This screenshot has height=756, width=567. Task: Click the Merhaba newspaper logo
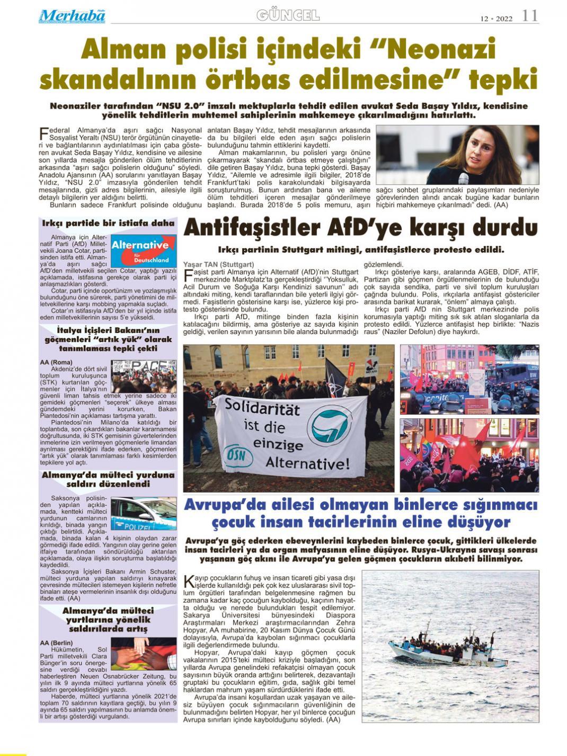[x=72, y=16]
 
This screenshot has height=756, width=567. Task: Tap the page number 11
[x=529, y=16]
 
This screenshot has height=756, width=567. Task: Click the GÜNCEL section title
[x=288, y=15]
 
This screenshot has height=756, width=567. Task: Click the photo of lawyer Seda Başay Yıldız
[x=457, y=155]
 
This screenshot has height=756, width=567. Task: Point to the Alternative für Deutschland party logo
[x=143, y=250]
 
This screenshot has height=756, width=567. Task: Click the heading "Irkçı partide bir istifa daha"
[x=109, y=223]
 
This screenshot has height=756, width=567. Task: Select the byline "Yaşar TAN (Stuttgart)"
[x=218, y=264]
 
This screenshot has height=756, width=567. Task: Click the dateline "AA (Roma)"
[x=56, y=362]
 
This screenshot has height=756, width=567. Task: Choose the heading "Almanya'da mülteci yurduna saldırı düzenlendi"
[x=108, y=479]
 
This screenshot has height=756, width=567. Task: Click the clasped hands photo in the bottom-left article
[x=143, y=654]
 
